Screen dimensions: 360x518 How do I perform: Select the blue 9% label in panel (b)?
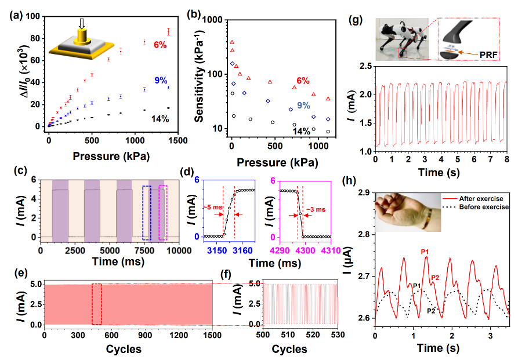(x=303, y=106)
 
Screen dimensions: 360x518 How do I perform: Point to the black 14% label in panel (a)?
(x=161, y=119)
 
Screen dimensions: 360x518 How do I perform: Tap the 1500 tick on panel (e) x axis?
(x=212, y=336)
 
